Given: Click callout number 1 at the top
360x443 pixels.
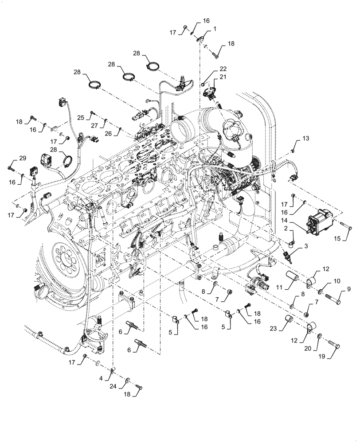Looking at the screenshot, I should coord(215,29).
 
